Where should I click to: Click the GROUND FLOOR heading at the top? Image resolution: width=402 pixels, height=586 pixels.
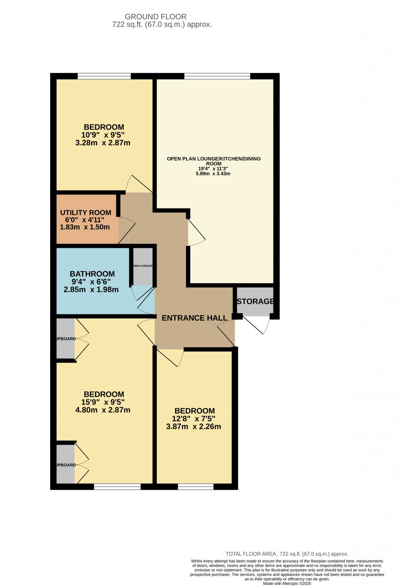[x=156, y=17]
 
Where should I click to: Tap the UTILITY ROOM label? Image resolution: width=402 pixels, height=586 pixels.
[x=86, y=213]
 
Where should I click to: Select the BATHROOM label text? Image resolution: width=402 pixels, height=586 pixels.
[x=92, y=274]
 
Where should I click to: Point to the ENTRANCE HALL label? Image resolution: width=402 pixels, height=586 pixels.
[x=195, y=318]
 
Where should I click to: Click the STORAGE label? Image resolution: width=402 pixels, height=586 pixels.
[x=255, y=301]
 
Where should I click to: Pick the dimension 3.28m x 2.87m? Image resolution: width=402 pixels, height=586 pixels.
[x=103, y=143]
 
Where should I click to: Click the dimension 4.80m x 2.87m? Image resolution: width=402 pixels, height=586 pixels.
[x=103, y=410]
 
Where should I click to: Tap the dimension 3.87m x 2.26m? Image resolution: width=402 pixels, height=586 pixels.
[x=194, y=427]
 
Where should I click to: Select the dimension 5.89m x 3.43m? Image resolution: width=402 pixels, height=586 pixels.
[x=213, y=174]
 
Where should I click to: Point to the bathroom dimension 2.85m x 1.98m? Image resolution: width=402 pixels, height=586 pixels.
[x=91, y=289]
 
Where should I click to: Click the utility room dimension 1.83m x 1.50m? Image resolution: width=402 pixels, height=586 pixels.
[x=85, y=227]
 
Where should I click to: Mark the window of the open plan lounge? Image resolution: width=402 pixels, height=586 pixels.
[x=217, y=76]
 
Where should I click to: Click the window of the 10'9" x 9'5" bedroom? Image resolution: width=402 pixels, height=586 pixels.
[x=104, y=76]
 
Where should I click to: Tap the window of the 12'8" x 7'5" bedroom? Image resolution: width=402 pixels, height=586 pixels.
[x=195, y=487]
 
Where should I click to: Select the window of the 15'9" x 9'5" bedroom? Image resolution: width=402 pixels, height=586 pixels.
[x=117, y=487]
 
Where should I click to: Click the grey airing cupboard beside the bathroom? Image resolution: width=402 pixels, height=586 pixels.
[x=143, y=266]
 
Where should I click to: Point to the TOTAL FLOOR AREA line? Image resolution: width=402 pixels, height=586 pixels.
[x=287, y=554]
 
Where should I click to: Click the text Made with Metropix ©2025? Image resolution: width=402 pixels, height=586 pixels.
[x=287, y=584]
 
